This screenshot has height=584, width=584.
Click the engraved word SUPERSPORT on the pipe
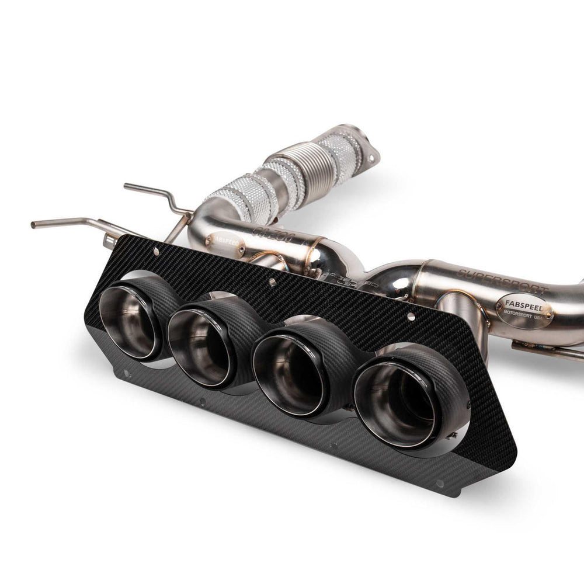tap(502, 281)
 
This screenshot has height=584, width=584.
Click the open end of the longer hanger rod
tap(34, 224)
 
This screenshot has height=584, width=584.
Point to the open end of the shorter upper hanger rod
tap(126, 187)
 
